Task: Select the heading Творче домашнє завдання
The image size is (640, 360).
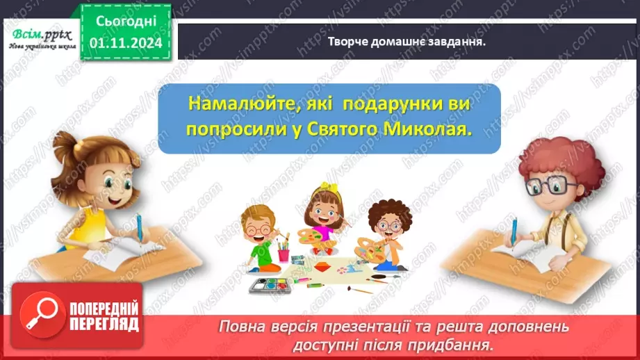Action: click(x=407, y=41)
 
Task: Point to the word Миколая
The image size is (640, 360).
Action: click(x=427, y=131)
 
